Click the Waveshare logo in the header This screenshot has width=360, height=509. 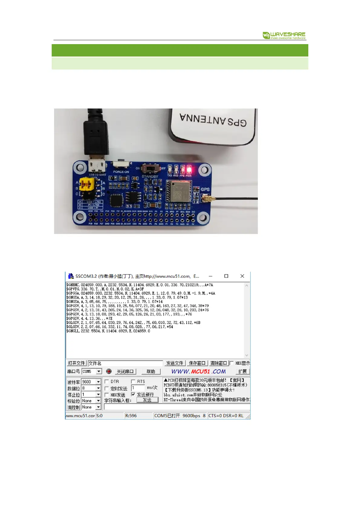click(x=284, y=35)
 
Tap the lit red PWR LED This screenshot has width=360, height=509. click(x=189, y=169)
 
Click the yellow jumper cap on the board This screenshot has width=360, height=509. click(x=86, y=184)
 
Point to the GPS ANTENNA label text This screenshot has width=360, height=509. click(x=213, y=120)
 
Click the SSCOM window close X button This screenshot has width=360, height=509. click(x=242, y=276)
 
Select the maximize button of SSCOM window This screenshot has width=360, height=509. click(x=226, y=276)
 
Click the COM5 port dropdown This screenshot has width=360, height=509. click(x=92, y=371)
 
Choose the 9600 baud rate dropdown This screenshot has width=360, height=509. click(x=91, y=382)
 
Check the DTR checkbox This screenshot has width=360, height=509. click(x=107, y=381)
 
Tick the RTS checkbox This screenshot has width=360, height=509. click(x=133, y=381)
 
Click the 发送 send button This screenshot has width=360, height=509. click(x=147, y=400)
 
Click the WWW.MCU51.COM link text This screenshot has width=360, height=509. click(x=198, y=371)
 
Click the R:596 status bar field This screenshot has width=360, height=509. click(x=131, y=416)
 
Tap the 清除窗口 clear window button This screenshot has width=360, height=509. click(x=218, y=363)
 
